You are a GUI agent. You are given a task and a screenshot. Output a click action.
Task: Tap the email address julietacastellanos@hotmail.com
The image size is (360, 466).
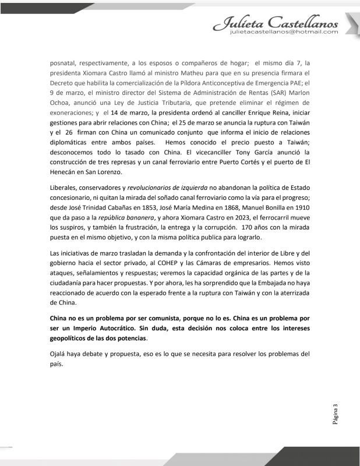(x=284, y=33)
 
